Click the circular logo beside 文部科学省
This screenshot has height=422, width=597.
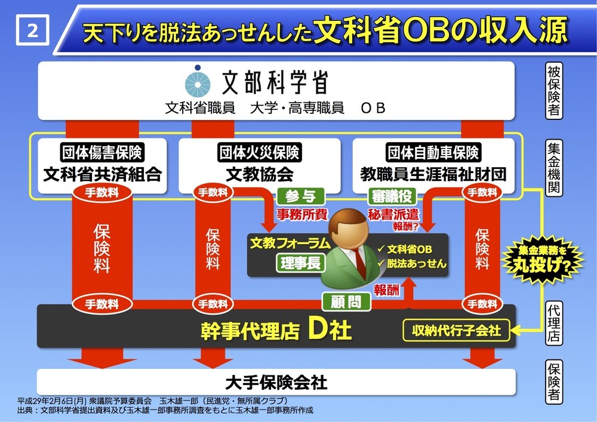click(198, 83)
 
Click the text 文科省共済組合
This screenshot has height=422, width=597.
click(102, 175)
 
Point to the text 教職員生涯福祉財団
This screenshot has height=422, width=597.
click(433, 175)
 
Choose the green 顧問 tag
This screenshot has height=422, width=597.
click(346, 301)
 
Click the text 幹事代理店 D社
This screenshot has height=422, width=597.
click(275, 330)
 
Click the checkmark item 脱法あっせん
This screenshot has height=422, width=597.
click(412, 263)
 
